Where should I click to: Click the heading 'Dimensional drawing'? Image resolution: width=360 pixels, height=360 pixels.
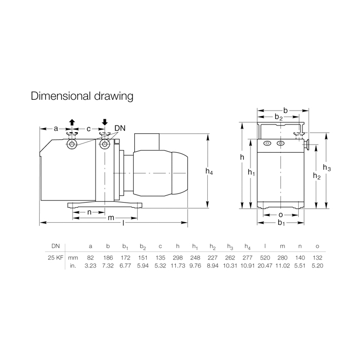pos(82,96)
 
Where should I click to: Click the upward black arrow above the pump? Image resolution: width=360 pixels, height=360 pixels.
pos(72,122)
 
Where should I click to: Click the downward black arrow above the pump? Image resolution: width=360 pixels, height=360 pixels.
pos(105,122)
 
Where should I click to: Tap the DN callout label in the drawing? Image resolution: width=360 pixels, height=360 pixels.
pos(120,128)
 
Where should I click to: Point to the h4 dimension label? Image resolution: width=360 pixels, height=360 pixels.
pos(209,171)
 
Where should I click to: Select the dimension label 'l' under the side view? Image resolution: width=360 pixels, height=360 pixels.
pos(123,223)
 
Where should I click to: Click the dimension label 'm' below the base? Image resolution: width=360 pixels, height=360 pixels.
pos(111,218)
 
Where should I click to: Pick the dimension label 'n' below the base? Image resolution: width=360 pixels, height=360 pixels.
pos(89,212)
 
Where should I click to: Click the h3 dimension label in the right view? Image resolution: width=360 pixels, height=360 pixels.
pos(327,168)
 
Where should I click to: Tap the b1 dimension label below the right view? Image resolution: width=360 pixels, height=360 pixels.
pos(281,223)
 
